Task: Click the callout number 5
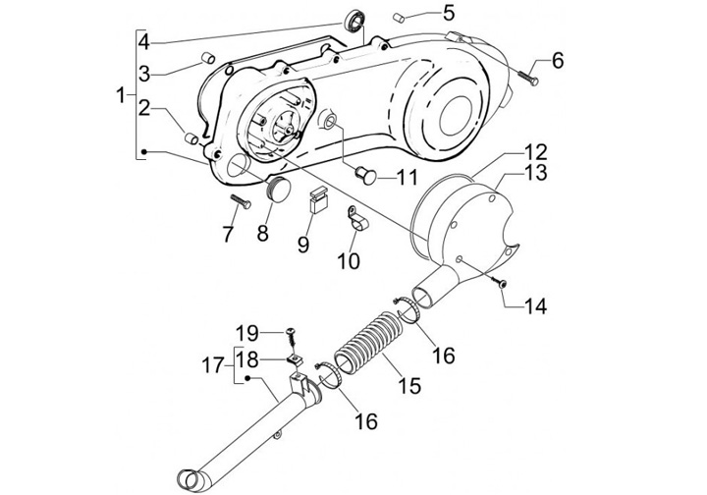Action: [x=449, y=14]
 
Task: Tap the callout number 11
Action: [x=408, y=178]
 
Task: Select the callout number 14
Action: [x=535, y=306]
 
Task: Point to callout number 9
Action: [x=303, y=245]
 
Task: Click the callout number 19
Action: [x=247, y=334]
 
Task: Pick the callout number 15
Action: [x=409, y=385]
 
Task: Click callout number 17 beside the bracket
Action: [x=213, y=365]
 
